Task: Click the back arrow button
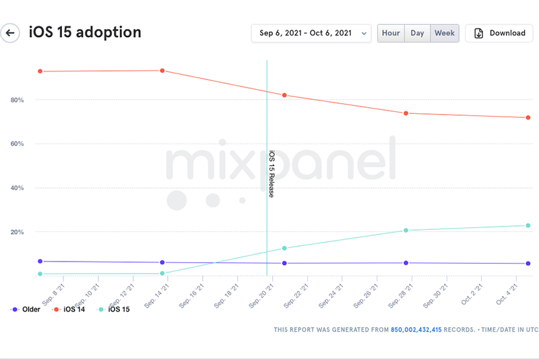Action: tap(10, 33)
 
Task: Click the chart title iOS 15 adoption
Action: tap(85, 32)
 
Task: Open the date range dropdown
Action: tap(311, 33)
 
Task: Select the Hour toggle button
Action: tap(391, 33)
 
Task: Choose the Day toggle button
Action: tap(417, 33)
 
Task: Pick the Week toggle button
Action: tap(445, 33)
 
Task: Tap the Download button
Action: tap(499, 33)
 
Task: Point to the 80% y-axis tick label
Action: tap(17, 100)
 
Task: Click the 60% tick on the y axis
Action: tap(17, 144)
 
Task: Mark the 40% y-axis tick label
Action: tap(17, 188)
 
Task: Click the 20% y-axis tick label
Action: tap(17, 232)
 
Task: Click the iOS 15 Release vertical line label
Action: tap(272, 174)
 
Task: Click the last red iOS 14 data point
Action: tap(528, 118)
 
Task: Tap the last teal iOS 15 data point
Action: tap(528, 226)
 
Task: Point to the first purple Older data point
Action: tap(40, 261)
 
